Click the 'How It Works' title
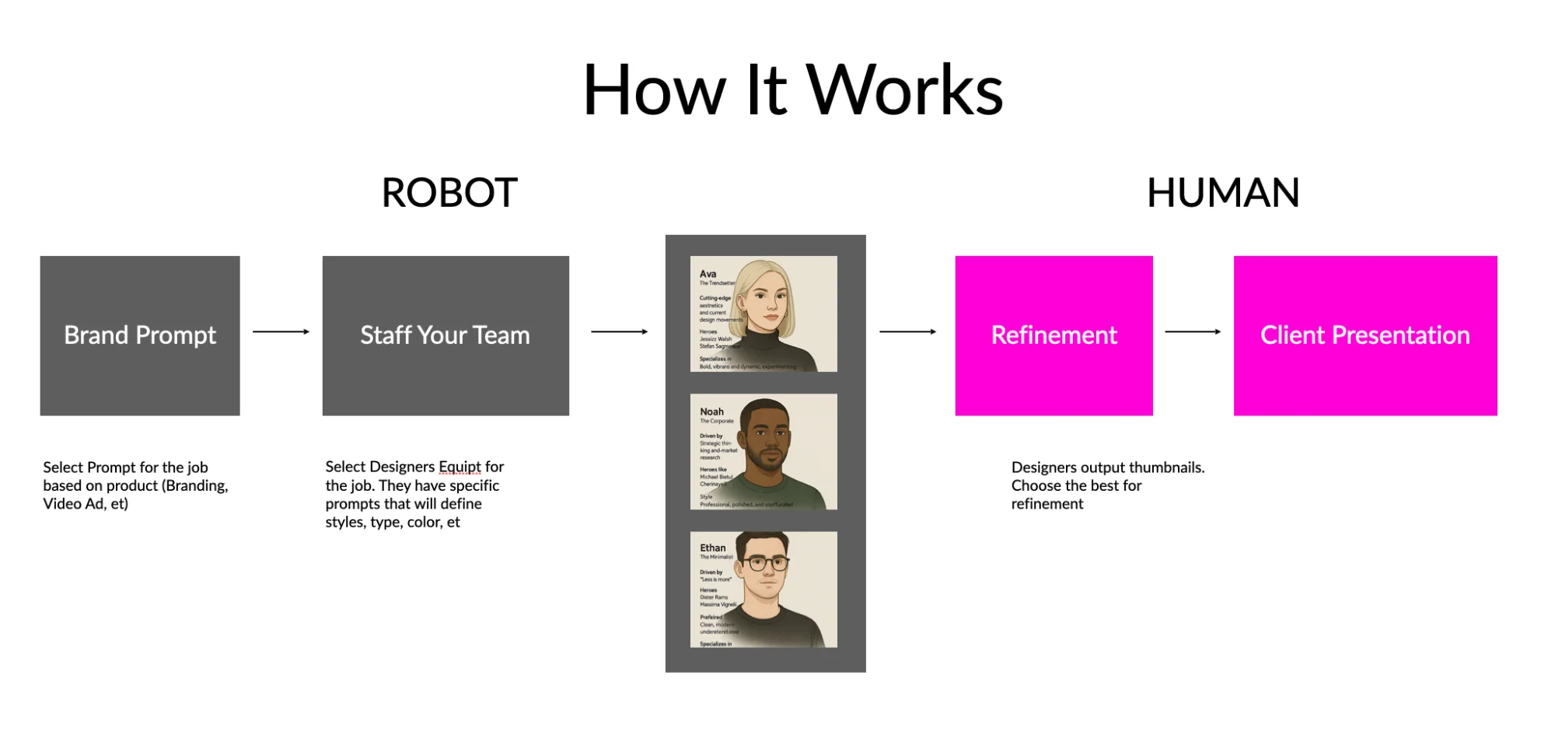point(793,91)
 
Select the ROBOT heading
point(449,193)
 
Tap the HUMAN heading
point(1223,193)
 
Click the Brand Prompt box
point(140,335)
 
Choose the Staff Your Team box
point(446,335)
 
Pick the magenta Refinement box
point(1054,335)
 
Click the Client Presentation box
point(1365,335)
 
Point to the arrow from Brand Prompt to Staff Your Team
point(281,332)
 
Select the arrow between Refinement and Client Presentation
point(1193,332)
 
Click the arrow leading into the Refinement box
point(907,332)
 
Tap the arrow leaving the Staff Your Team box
point(619,332)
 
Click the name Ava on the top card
point(708,274)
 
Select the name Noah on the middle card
point(711,411)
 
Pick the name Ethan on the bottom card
point(712,548)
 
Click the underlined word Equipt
point(460,467)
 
